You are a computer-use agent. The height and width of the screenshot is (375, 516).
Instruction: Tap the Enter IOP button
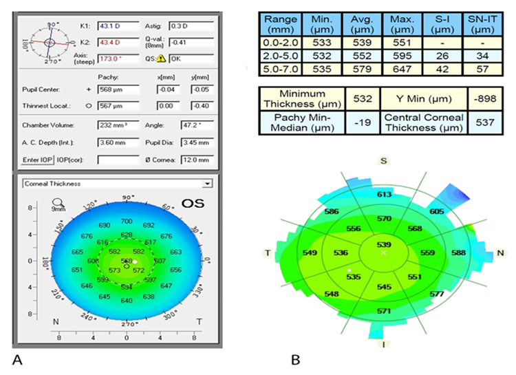pos(38,160)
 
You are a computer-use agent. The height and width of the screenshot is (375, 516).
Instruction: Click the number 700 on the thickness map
pos(126,221)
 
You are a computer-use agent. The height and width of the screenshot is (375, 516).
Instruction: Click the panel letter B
pos(294,359)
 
